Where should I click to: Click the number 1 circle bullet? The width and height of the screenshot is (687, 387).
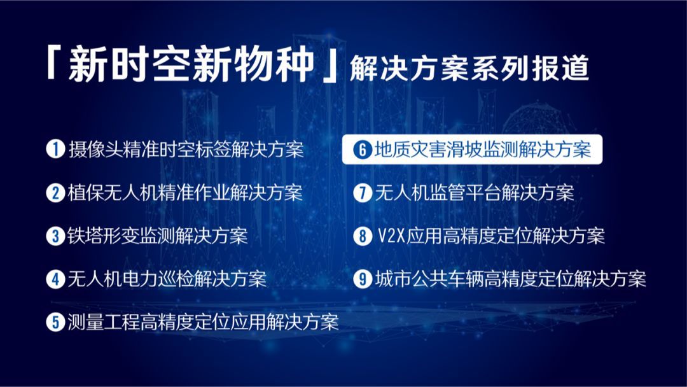click(x=55, y=149)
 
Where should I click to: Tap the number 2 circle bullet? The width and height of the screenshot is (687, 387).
click(x=55, y=192)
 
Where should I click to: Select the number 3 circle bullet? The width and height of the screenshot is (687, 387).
click(x=55, y=236)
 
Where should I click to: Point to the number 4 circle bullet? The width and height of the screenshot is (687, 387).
click(x=55, y=279)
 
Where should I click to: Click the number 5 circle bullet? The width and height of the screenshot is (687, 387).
click(x=55, y=322)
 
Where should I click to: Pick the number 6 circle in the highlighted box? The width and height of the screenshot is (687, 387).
click(x=363, y=150)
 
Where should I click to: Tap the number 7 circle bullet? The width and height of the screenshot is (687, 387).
click(x=363, y=192)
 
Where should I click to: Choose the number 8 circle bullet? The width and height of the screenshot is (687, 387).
click(x=363, y=236)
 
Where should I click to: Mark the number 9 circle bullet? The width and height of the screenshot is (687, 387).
click(x=363, y=279)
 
